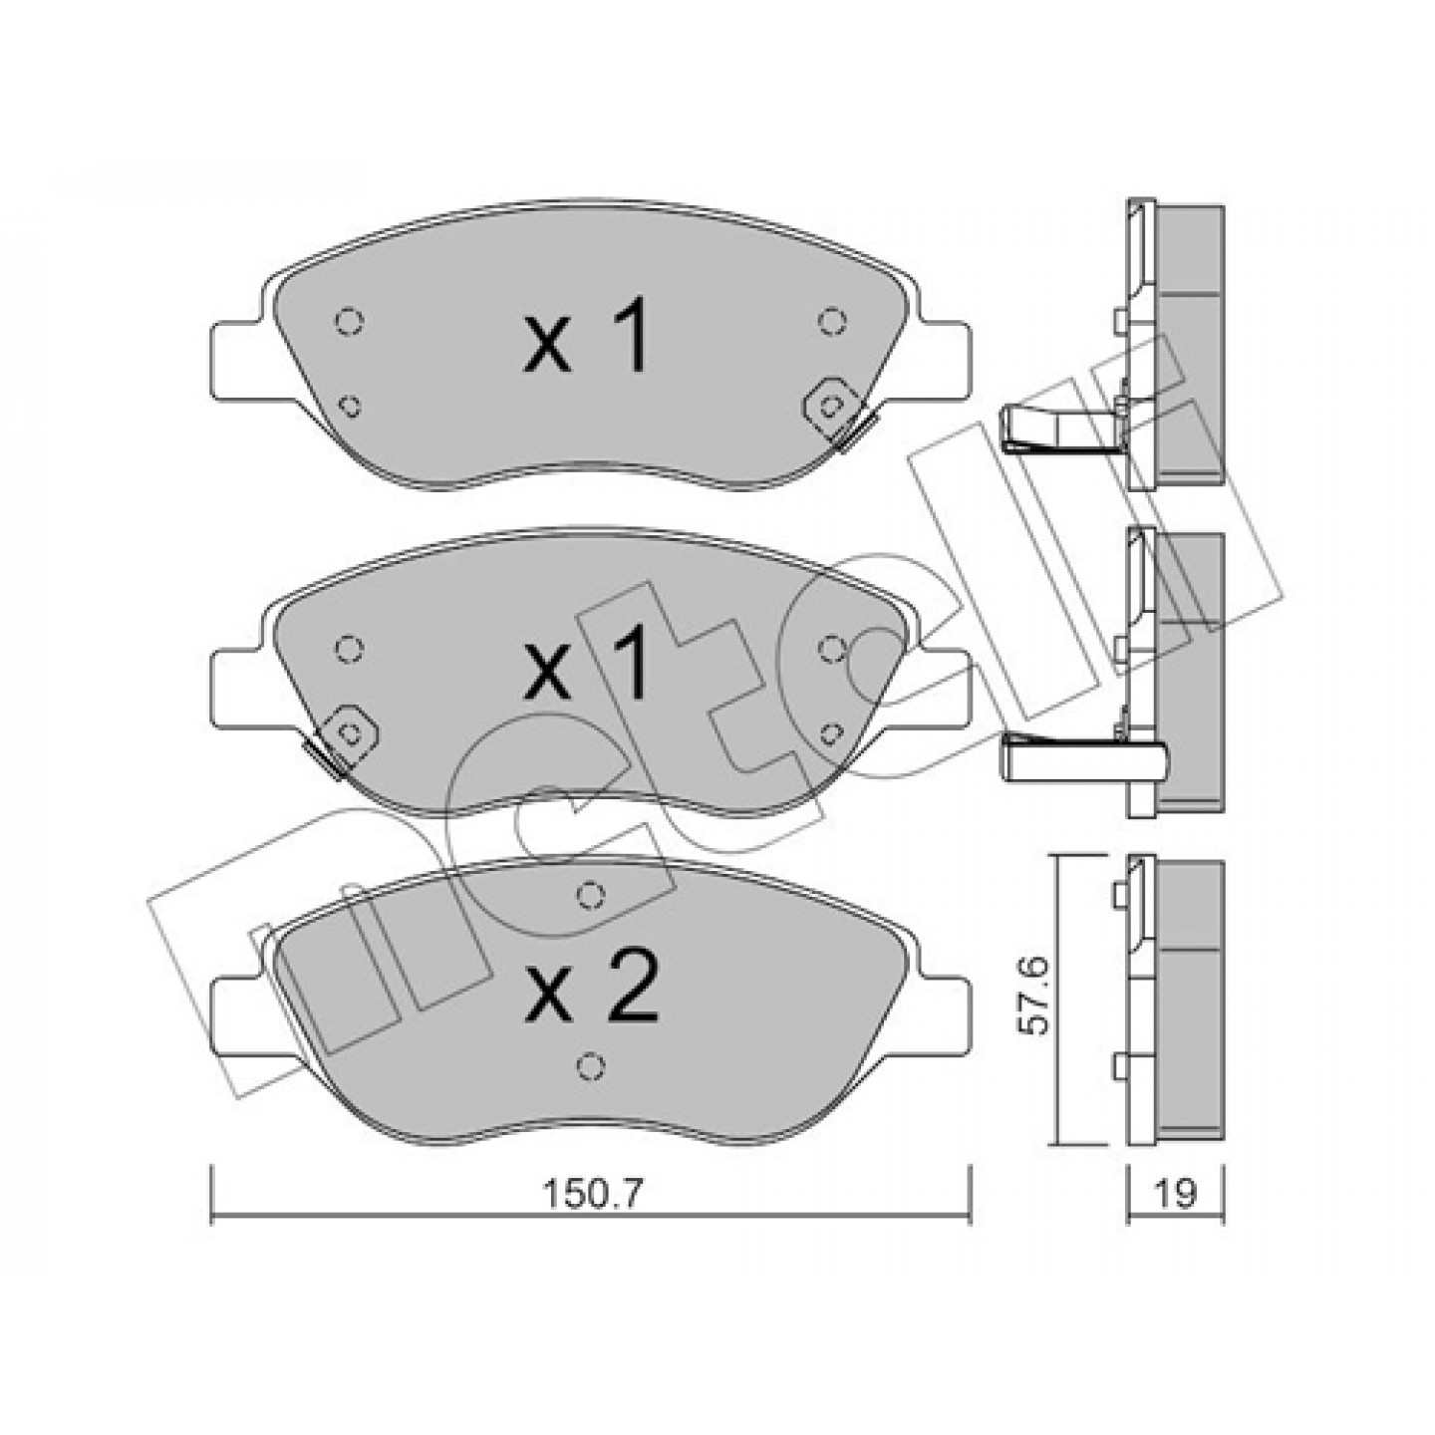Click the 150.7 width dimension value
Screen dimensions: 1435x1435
tap(593, 1341)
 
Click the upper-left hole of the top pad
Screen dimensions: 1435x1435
tap(349, 323)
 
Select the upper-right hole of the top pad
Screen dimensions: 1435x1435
tap(832, 321)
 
